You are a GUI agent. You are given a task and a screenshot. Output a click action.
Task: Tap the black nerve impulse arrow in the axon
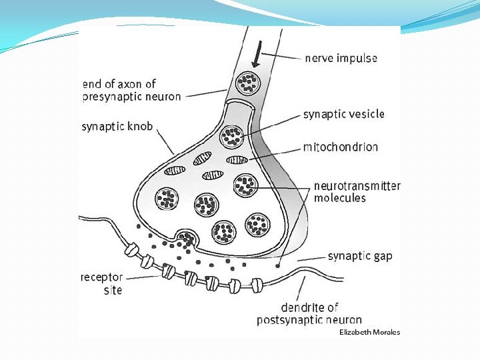coord(257,55)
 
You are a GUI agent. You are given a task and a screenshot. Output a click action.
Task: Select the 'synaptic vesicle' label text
coord(343,114)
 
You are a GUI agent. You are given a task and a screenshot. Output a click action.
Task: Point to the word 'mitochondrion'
coord(340,147)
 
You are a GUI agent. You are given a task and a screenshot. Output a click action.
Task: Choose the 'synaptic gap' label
coord(360,256)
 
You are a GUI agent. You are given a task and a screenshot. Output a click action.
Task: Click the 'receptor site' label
coord(101,283)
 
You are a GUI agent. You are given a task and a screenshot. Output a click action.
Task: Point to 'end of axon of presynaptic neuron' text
coord(131,90)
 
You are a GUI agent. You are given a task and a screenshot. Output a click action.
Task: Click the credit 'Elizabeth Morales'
coord(369,332)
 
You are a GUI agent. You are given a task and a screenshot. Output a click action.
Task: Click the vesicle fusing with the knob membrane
coord(186,239)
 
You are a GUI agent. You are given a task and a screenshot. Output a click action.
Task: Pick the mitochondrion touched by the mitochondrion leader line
coord(236,160)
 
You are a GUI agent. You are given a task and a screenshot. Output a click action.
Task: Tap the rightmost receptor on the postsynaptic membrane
coord(256,285)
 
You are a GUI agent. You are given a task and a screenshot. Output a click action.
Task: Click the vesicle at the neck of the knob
coord(233,136)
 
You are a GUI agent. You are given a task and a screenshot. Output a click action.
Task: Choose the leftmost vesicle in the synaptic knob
coord(166,197)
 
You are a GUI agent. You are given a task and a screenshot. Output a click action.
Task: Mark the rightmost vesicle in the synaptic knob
coord(257,224)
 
